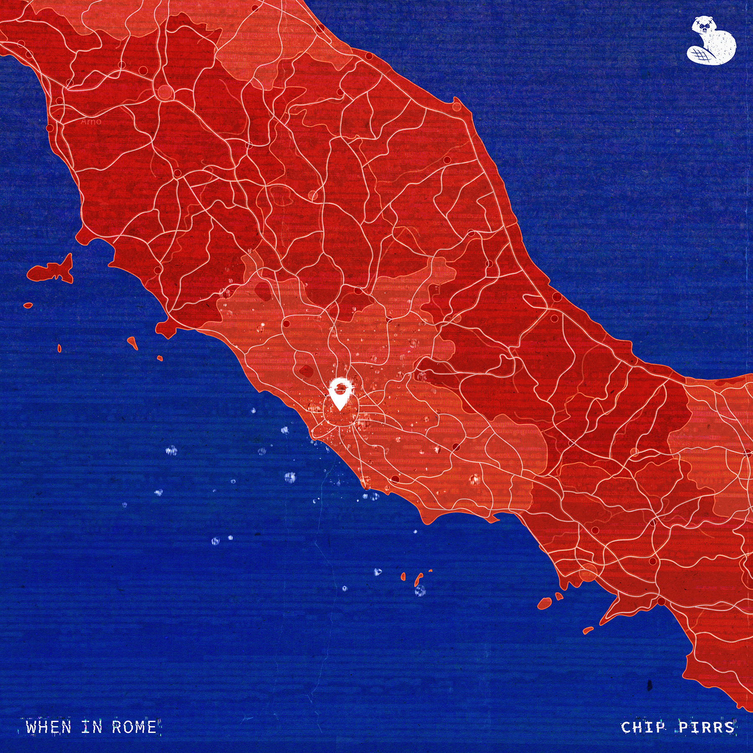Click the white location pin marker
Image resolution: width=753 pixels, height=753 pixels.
point(340,393)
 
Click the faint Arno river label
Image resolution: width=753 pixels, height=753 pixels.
point(91,122)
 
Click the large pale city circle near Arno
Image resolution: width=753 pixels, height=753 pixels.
point(166,92)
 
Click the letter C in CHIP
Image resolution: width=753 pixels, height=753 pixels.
point(626,727)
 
